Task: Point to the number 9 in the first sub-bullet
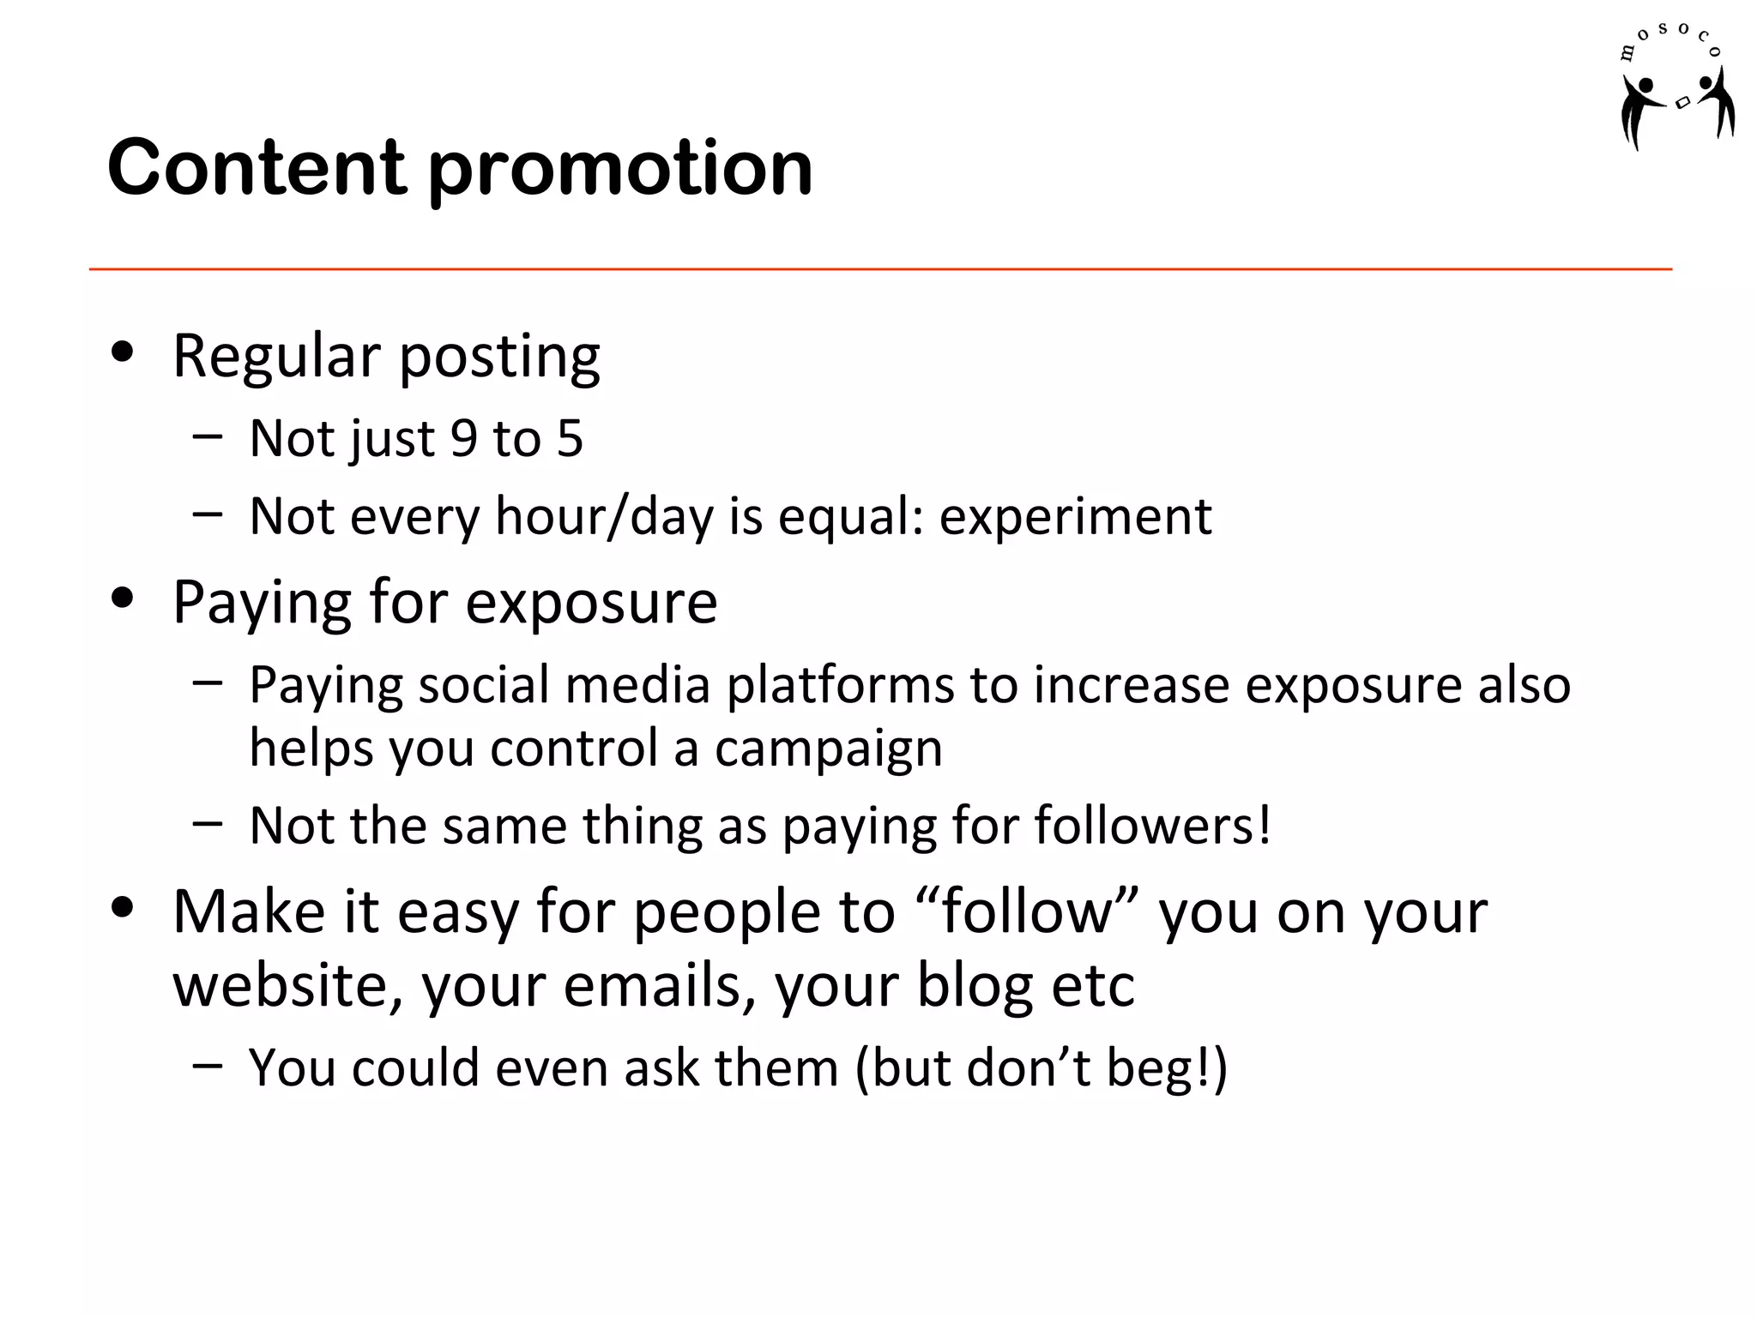tap(463, 438)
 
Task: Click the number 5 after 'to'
tap(570, 438)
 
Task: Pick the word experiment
tap(1075, 517)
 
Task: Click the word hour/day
tap(604, 517)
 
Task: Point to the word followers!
tap(1152, 826)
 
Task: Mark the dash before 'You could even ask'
tap(208, 1066)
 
